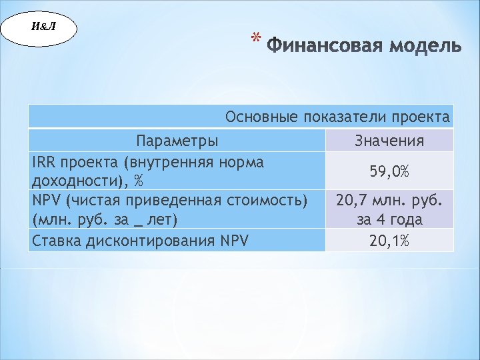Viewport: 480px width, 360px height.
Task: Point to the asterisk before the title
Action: tap(255, 41)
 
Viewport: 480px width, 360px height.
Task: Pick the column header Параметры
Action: tap(177, 141)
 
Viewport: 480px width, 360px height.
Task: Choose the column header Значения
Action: tap(389, 141)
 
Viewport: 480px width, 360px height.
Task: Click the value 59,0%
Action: tap(389, 172)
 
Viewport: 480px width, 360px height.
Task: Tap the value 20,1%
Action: tap(389, 241)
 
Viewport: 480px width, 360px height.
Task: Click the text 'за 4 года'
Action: tap(389, 219)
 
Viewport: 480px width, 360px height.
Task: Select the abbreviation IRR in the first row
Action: tap(43, 162)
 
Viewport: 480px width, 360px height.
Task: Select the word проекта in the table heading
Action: tap(420, 117)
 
